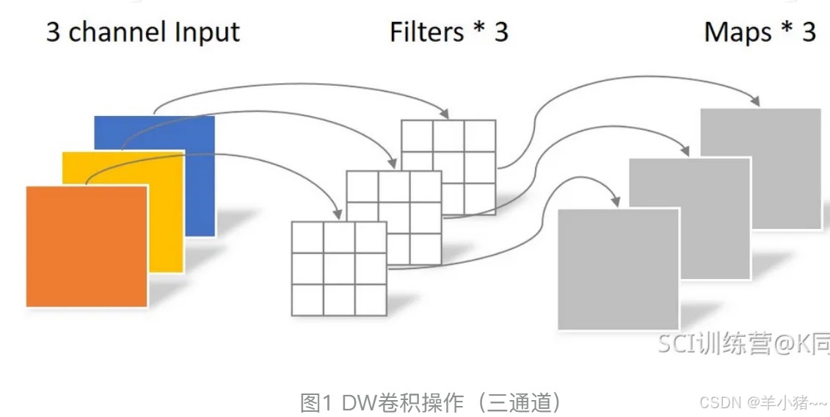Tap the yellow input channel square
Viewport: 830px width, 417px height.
[165, 220]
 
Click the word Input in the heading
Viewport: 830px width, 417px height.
[207, 32]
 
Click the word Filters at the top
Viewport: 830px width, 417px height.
[427, 32]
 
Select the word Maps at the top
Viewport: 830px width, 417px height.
[738, 32]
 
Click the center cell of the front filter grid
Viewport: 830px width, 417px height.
[339, 268]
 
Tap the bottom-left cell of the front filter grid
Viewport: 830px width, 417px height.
[307, 300]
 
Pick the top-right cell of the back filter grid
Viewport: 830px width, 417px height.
[480, 135]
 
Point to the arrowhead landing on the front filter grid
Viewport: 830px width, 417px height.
[338, 214]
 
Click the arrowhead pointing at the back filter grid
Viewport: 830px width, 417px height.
[445, 113]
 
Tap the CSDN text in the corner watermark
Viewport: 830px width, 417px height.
[720, 402]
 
